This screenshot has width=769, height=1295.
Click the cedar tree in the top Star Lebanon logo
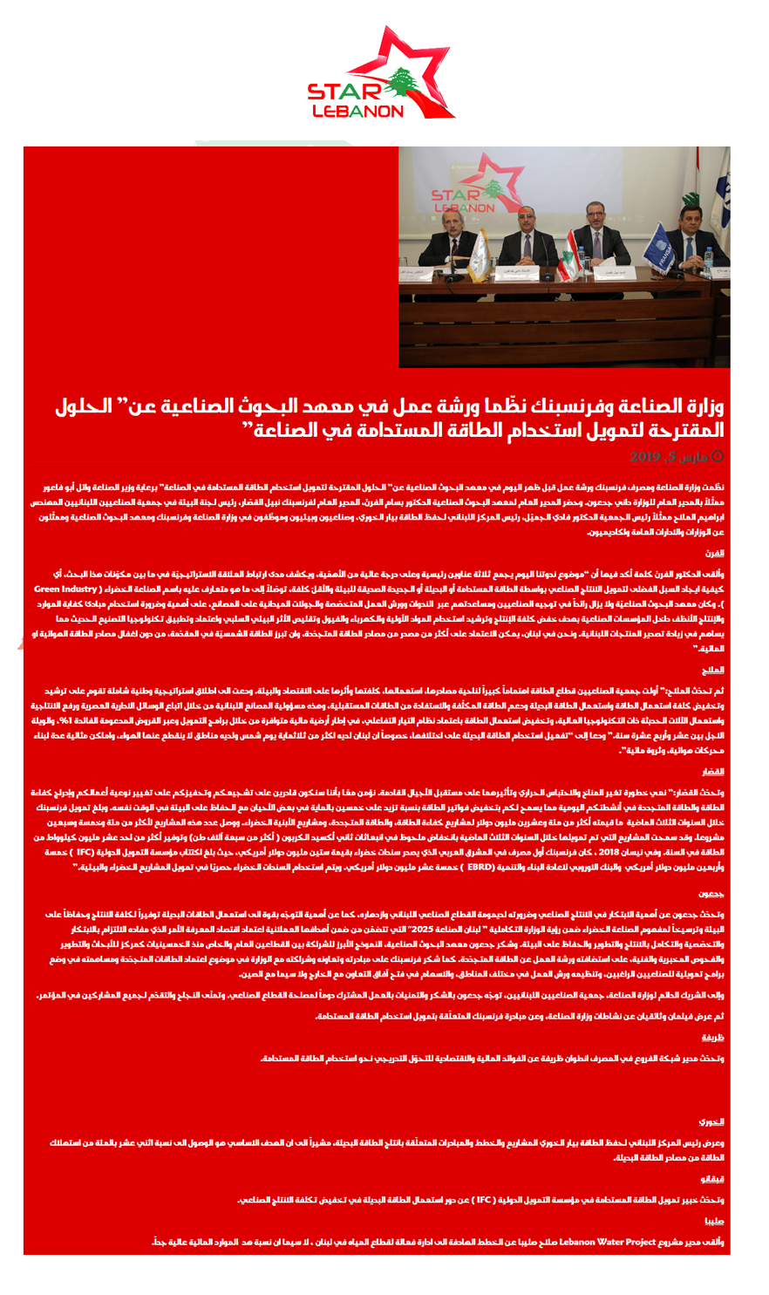[x=402, y=83]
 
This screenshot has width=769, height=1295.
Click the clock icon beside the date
[x=718, y=456]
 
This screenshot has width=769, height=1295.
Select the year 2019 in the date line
[x=647, y=456]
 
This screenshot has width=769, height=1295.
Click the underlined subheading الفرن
[x=715, y=553]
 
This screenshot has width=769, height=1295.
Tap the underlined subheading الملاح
[x=713, y=670]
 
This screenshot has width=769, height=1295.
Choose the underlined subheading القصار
[x=712, y=772]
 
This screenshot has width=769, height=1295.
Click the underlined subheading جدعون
[x=711, y=894]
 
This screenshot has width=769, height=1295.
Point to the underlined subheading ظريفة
[x=713, y=1037]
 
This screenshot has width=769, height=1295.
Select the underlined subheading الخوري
[x=711, y=1121]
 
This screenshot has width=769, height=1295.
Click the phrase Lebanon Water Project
[x=610, y=1241]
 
